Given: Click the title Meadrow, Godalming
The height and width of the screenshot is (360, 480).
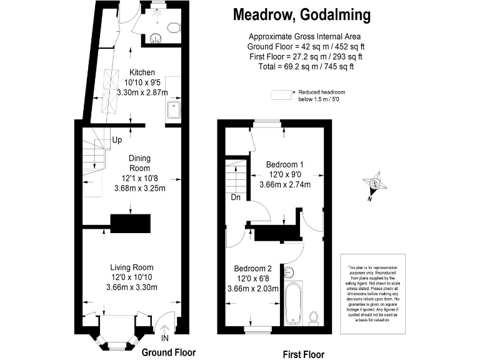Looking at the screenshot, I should click(301, 14).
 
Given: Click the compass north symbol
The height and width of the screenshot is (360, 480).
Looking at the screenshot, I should click(375, 184).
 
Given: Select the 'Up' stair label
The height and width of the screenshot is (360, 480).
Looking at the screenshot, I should click(117, 140).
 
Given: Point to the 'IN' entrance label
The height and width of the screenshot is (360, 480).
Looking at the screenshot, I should click(165, 338).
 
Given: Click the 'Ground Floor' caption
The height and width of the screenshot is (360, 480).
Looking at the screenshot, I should click(169, 352).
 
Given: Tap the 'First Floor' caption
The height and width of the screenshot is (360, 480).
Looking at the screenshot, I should click(304, 354).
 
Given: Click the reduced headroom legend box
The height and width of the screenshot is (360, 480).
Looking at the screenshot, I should click(281, 95).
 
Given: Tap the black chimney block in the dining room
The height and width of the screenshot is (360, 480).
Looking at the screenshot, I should click(131, 222).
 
